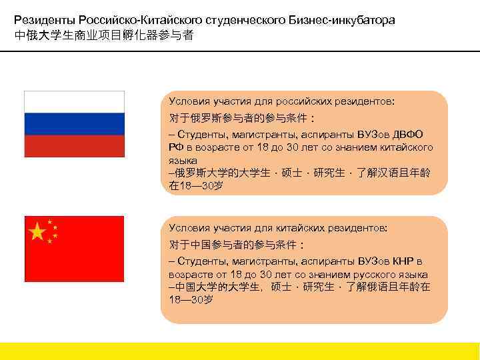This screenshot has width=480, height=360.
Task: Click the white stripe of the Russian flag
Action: click(x=74, y=101)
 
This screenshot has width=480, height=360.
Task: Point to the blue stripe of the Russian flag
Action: click(x=74, y=123)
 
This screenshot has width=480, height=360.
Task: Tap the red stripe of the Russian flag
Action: click(x=74, y=145)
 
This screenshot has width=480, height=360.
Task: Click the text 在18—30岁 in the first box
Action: click(x=197, y=186)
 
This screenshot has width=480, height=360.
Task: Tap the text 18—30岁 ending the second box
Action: click(x=192, y=300)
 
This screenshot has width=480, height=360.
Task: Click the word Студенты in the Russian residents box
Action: click(x=200, y=134)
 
